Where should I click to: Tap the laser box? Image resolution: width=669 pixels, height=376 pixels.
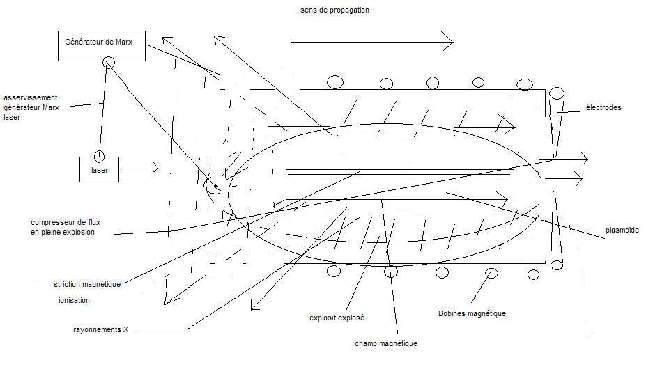click(x=99, y=169)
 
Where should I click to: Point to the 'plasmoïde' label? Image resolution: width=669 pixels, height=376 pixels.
click(x=623, y=230)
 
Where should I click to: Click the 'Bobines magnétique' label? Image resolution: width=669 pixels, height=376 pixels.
click(x=472, y=313)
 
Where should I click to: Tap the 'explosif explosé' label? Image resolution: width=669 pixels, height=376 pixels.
click(x=337, y=318)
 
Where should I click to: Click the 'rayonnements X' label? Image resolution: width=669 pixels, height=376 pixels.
click(x=100, y=329)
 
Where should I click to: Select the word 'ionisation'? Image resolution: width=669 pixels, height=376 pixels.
click(x=74, y=301)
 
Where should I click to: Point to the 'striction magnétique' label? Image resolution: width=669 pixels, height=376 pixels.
click(x=87, y=284)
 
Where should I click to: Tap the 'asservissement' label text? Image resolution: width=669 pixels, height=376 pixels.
click(x=30, y=97)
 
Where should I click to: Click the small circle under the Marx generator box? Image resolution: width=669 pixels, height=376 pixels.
click(x=109, y=63)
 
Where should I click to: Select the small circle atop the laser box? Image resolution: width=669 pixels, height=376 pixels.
click(x=100, y=155)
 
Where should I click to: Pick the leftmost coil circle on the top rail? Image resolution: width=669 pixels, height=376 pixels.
click(x=335, y=82)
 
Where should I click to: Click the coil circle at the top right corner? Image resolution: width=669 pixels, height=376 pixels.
click(x=557, y=93)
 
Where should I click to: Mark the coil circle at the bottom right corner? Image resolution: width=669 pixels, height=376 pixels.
click(x=557, y=265)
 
